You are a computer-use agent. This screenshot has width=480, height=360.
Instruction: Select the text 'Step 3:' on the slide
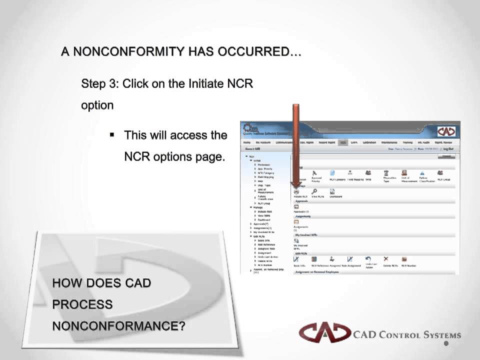pos(100,83)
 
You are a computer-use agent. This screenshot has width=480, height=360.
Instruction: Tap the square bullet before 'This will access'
pos(112,134)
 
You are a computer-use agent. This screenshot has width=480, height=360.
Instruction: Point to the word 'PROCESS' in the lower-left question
pos(82,304)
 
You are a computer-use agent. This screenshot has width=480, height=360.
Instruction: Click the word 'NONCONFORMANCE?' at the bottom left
pos(118,326)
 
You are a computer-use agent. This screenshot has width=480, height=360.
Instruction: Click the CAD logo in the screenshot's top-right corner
pos(446,131)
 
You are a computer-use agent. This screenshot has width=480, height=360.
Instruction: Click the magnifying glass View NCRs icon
pos(314,191)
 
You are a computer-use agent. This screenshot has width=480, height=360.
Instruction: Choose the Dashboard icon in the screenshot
pos(332,191)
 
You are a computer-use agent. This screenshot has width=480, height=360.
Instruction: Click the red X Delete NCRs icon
pos(386,259)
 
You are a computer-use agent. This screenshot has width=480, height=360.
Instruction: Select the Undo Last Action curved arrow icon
pos(368,259)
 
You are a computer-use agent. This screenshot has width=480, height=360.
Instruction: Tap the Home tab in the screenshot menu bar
pos(247,142)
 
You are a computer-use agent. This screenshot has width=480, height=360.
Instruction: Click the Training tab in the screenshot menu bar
pos(407,142)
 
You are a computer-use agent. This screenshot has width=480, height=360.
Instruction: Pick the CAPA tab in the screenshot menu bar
pos(354,142)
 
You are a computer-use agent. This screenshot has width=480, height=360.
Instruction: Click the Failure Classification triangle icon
pos(422,173)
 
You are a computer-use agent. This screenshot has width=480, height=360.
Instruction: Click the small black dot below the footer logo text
pos(446,343)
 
